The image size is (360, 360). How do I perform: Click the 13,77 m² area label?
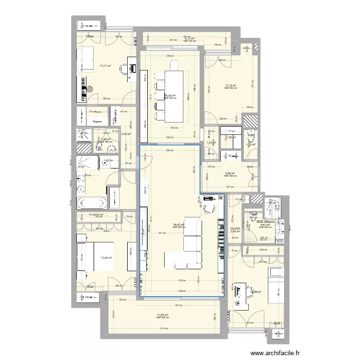pyautogui.click(x=106, y=66)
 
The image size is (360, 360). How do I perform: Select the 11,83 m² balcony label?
pyautogui.click(x=163, y=315)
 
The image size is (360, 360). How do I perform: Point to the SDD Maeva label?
pyautogui.click(x=265, y=222)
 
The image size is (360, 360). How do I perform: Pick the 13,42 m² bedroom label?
pyautogui.click(x=106, y=258)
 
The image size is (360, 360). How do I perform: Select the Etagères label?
pyautogui.click(x=99, y=122)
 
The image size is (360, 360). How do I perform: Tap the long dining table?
pyautogui.click(x=174, y=96)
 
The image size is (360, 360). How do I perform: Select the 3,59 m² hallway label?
pyautogui.click(x=126, y=134)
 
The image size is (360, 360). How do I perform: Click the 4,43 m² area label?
pyautogui.click(x=265, y=225)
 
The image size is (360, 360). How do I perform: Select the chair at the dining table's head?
pyautogui.click(x=174, y=69)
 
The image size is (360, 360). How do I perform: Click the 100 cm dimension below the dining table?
pyautogui.click(x=174, y=128)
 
